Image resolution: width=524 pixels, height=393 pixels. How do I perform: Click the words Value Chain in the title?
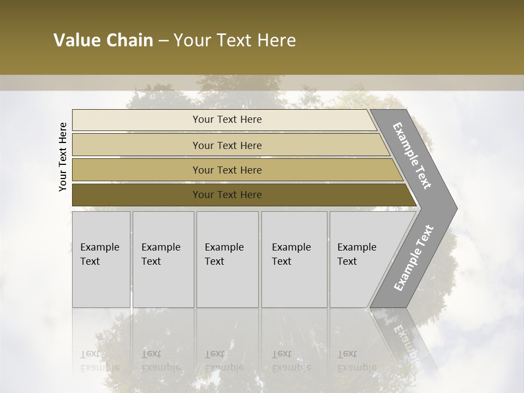(103, 40)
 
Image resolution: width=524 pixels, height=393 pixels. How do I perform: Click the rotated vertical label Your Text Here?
(63, 157)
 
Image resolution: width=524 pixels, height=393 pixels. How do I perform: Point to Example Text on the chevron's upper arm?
(412, 156)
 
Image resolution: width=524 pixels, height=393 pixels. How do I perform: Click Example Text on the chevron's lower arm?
(414, 258)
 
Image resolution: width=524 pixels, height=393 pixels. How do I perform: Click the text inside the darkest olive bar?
(227, 195)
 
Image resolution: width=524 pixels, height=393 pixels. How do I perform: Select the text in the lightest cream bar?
(227, 120)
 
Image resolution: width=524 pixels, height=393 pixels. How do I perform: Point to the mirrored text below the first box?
(99, 361)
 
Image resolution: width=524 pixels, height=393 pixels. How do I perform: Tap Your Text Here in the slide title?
(235, 40)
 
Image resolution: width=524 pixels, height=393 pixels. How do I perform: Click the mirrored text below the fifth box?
(356, 361)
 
